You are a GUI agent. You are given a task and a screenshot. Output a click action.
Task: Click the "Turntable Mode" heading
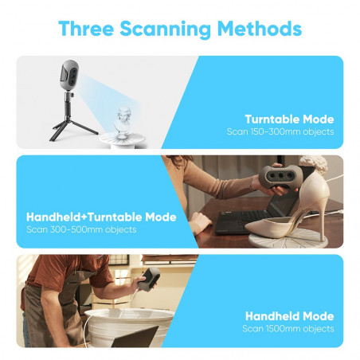tap(290, 119)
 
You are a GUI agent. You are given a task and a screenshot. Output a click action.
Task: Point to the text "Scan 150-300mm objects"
tap(280, 131)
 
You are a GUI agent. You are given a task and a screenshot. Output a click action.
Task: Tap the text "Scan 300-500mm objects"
tap(81, 229)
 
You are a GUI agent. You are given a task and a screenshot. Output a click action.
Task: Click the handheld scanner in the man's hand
tap(151, 279)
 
